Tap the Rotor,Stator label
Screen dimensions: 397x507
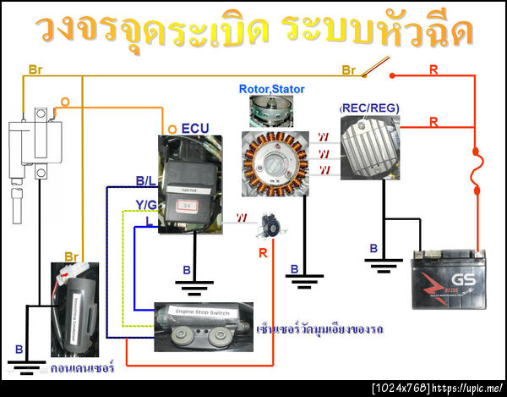[x=272, y=88]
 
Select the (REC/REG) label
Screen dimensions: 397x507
[x=369, y=108]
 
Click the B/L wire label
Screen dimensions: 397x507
[x=145, y=180]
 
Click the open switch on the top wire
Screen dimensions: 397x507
[x=376, y=66]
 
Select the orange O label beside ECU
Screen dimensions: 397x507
[x=173, y=128]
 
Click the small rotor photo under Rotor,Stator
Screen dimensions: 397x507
[x=271, y=109]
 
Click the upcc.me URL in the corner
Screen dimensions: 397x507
[x=467, y=389]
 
